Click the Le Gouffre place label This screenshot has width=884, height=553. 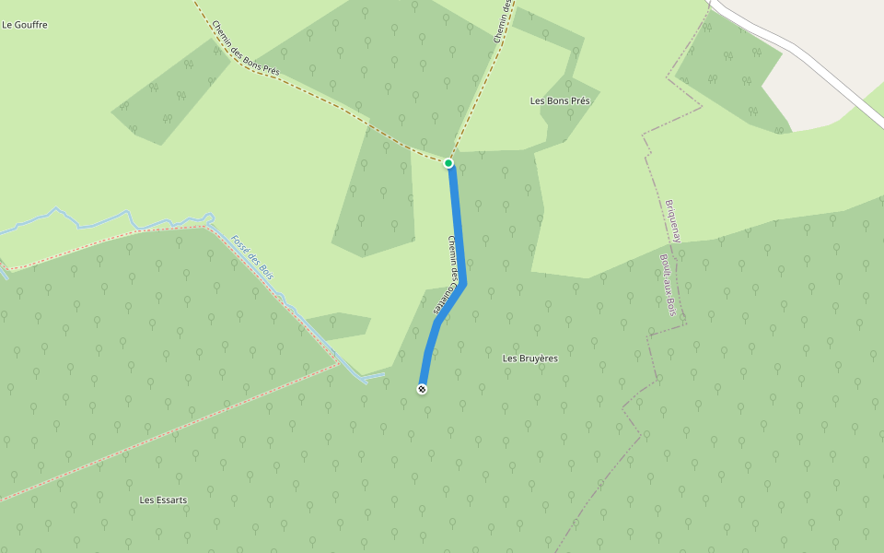pos(25,25)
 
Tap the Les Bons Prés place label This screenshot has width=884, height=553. pos(560,100)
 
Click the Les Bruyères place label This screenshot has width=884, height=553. pos(529,358)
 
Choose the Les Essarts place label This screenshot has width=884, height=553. pos(163,500)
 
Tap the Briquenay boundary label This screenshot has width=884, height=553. pos(673,220)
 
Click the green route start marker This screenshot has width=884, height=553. pos(448,163)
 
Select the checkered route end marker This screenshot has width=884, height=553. pos(423,389)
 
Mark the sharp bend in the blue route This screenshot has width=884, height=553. pos(464,283)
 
